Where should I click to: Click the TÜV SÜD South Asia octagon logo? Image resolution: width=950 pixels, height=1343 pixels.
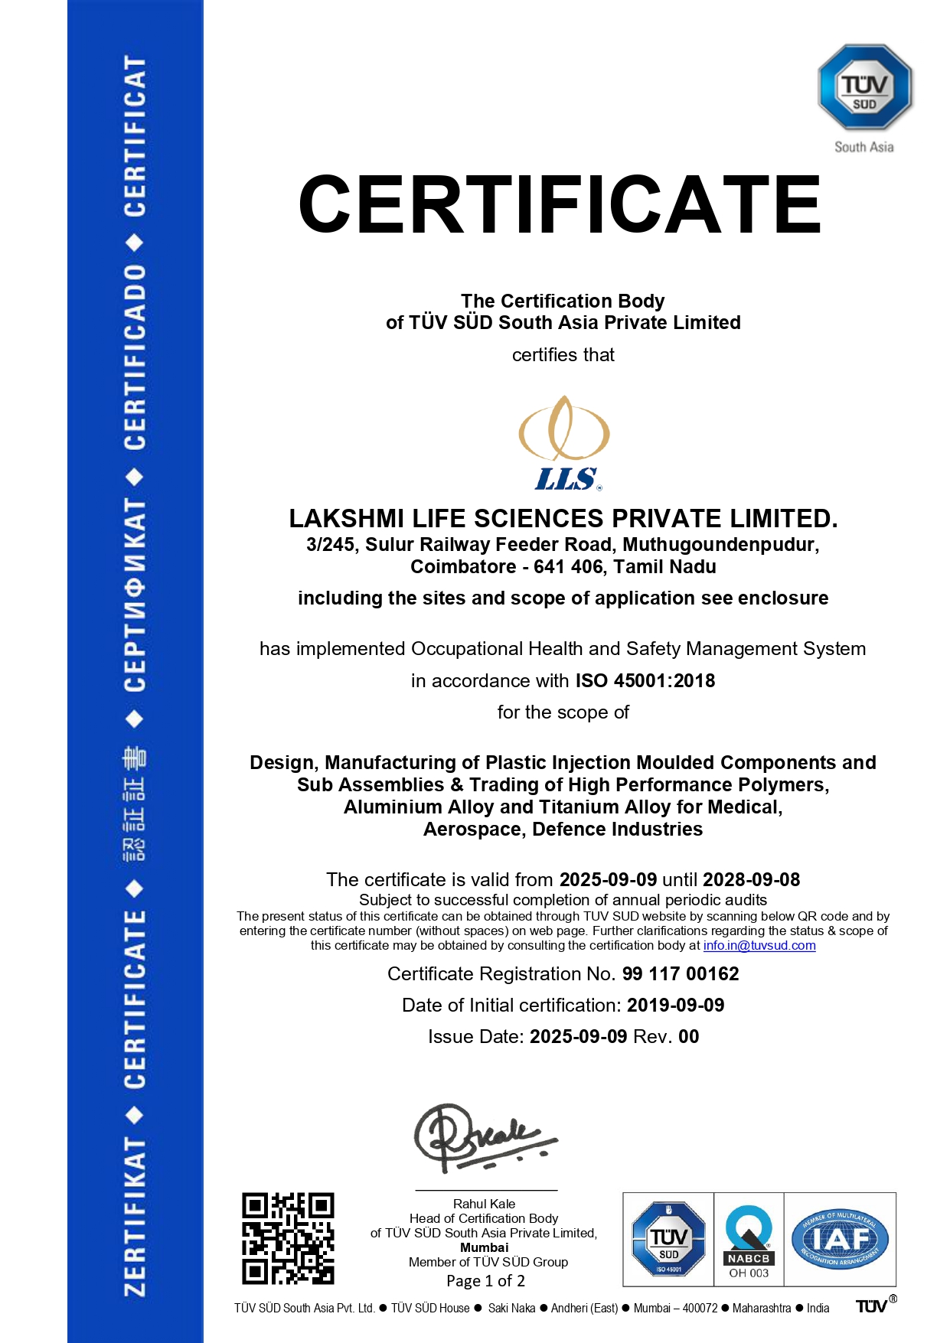pos(864,87)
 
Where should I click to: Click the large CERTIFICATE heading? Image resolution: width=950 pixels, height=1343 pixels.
pos(560,204)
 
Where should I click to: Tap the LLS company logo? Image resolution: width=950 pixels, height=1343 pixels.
pos(565,443)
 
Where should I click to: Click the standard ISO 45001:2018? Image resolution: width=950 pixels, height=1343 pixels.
pos(645,681)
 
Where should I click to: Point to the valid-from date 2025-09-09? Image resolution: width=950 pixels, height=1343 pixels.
pos(608,880)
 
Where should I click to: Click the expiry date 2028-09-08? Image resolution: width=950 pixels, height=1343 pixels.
pos(751,880)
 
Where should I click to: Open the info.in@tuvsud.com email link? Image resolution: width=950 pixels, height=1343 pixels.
pos(759,946)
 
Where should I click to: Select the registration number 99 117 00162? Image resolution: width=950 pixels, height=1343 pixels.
pos(681,974)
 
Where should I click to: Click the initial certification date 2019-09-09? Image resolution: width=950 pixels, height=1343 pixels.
pos(675,1006)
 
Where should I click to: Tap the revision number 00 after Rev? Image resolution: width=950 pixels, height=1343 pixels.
pos(688,1037)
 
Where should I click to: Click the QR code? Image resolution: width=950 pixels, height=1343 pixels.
pos(288,1238)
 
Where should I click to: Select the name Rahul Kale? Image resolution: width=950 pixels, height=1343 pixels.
pos(484,1204)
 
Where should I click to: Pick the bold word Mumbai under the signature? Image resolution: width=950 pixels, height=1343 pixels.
pos(484,1247)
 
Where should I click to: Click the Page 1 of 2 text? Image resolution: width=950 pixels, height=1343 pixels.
pos(485,1281)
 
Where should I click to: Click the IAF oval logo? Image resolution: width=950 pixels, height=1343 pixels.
pos(839,1238)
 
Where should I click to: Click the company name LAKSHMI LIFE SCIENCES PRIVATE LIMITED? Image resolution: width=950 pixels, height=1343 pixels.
pos(563,519)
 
